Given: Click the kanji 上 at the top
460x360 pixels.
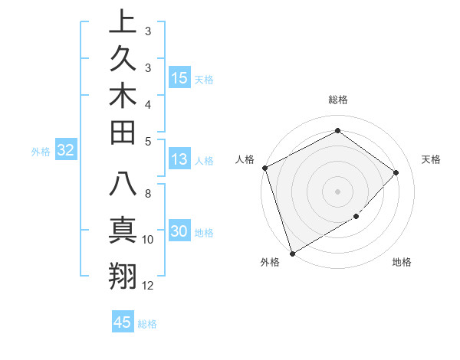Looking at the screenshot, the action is click(122, 22).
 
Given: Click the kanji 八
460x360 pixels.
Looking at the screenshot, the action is click(122, 185).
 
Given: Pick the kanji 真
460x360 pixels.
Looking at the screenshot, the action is click(122, 230).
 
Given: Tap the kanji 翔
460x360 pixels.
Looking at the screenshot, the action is click(122, 273).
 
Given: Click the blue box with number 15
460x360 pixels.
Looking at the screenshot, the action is click(179, 77).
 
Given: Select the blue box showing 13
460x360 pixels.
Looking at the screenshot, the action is click(179, 159).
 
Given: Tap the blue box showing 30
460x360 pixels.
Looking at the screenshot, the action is click(179, 231).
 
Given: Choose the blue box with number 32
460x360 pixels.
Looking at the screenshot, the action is click(66, 151).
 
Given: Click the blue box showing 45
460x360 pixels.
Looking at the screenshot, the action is click(123, 322).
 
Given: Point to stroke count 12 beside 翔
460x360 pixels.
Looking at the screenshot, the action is click(148, 286).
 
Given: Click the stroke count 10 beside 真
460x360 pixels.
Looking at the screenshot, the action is click(148, 240).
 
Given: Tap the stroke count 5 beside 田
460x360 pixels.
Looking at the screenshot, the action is click(148, 140).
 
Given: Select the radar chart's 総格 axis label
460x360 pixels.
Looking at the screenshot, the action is click(338, 100).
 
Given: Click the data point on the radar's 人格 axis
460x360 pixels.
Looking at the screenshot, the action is click(264, 168).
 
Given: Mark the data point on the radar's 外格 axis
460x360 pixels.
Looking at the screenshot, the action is click(292, 253).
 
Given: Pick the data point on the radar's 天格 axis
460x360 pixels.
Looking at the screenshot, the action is click(396, 172).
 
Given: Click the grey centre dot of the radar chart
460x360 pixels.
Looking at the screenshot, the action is click(338, 191).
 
